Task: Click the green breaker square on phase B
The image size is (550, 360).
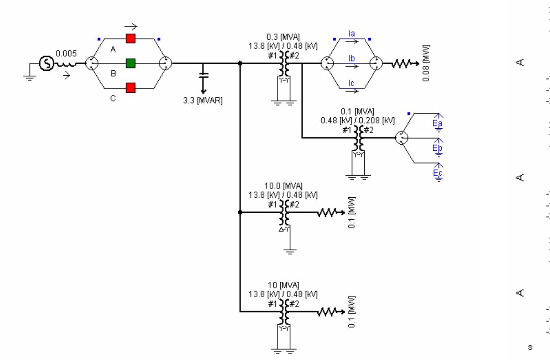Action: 130,63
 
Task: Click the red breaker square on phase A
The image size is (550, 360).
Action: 130,38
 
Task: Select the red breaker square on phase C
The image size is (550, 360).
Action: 130,88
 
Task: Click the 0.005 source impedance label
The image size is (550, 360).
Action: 65,54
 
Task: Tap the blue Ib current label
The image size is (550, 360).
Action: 352,57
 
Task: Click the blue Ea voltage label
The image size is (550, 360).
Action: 438,123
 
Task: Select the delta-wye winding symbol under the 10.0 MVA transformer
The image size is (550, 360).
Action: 284,230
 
